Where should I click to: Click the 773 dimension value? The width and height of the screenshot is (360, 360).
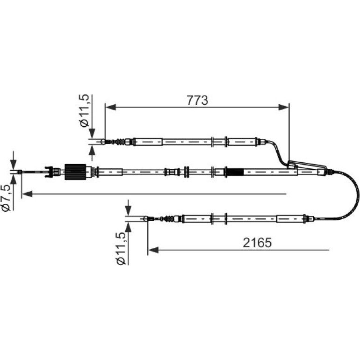[x=197, y=101]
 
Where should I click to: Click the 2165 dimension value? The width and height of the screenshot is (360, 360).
[x=257, y=243]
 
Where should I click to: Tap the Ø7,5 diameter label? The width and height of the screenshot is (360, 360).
[x=6, y=198]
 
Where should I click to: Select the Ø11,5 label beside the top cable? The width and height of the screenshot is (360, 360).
[x=84, y=110]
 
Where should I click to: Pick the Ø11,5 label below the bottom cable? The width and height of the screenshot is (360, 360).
[x=121, y=248]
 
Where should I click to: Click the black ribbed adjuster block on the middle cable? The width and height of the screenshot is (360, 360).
[x=75, y=172]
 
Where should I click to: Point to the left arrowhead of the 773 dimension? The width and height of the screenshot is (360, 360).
[x=111, y=107]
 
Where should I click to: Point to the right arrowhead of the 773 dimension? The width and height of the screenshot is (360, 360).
[x=283, y=107]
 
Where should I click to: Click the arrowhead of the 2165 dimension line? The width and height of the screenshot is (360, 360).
[x=153, y=250]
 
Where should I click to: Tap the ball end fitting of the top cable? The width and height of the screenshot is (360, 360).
[x=104, y=142]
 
